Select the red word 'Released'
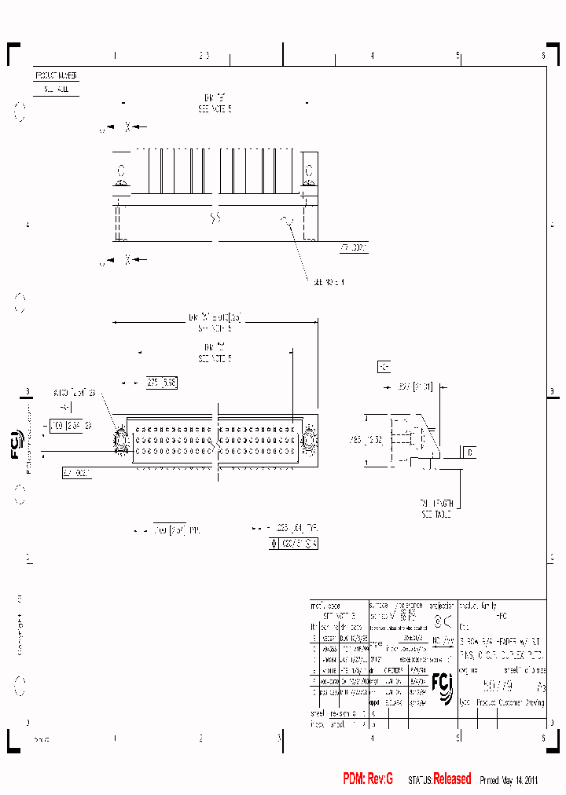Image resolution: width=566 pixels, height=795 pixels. pos(452,779)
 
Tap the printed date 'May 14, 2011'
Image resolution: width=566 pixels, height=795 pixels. pos(520,780)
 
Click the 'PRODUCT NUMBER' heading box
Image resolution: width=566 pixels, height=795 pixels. pos(56,76)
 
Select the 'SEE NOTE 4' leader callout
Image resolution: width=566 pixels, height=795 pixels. pos(328,281)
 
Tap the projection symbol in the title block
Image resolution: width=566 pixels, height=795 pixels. pos(443,623)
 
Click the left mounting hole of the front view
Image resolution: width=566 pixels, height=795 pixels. pos(121,440)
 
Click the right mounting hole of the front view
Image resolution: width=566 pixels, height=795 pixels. pos(307,440)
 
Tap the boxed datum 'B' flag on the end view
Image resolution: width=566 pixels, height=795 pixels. pos(469,452)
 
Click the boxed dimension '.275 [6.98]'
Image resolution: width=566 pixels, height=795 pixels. pos(161,383)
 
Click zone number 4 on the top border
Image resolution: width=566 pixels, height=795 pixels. pos(372,56)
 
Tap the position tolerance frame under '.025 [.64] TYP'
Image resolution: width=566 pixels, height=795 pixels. pos(294,543)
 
